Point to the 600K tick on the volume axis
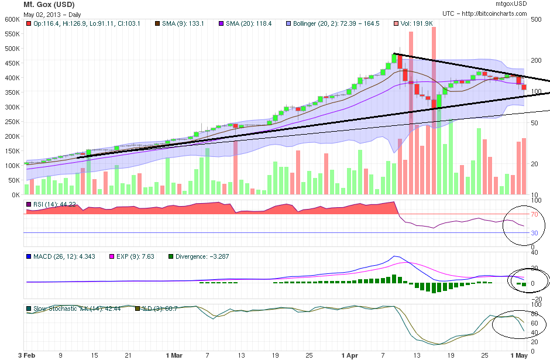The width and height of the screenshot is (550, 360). [12, 19]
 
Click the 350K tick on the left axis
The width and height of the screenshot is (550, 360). [12, 92]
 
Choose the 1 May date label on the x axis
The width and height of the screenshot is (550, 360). [520, 355]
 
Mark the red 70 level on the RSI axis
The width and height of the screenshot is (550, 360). [534, 214]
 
